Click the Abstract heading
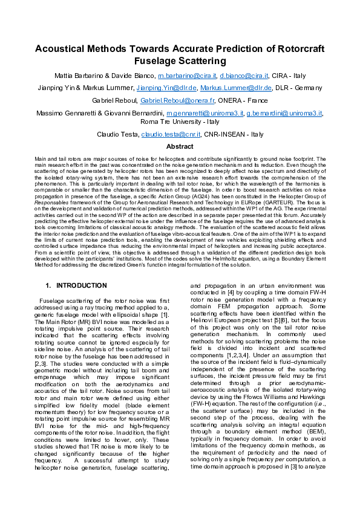180,147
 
